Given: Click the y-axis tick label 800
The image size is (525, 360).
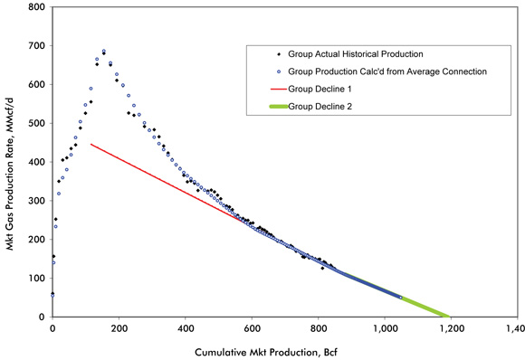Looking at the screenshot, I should [x=37, y=7].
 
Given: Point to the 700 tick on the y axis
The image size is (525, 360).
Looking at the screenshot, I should [x=37, y=46].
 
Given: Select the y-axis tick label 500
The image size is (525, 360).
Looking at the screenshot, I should [x=37, y=123].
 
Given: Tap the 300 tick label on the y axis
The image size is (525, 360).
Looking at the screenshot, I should [x=37, y=201].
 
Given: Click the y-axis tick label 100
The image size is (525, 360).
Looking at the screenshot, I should [x=37, y=279].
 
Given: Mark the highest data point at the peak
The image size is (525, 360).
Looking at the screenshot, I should [x=104, y=52].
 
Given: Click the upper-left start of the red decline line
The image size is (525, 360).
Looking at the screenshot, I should [x=91, y=144].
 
